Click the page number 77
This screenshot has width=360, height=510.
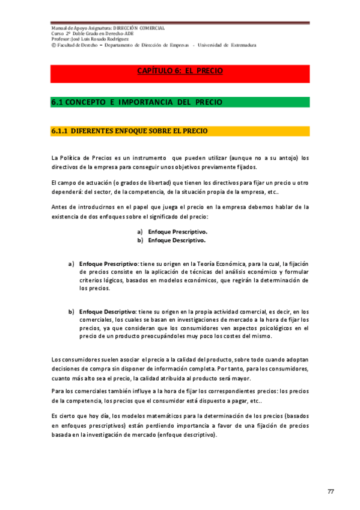(331, 492)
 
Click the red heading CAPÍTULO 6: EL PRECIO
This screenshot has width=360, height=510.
(180, 71)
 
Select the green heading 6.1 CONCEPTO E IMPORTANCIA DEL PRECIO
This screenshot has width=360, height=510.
(136, 102)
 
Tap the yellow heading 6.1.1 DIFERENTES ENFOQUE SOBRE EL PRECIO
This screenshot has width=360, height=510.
(130, 131)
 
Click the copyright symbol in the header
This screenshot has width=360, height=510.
(53, 45)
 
